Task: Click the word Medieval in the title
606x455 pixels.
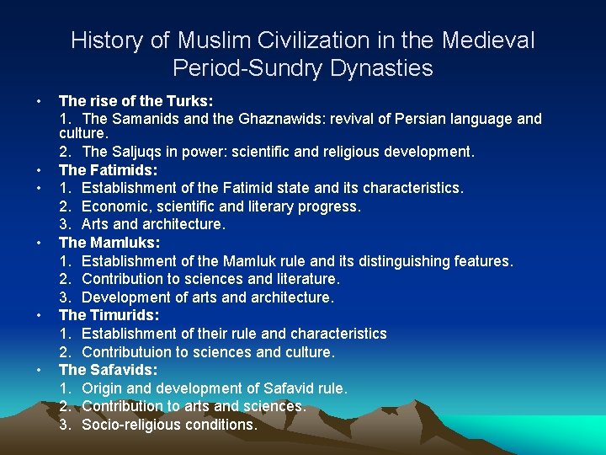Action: coord(487,40)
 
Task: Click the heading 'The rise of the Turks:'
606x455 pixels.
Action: coord(136,101)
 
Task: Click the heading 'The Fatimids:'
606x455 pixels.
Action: coord(107,170)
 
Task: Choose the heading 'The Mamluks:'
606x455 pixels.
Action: coord(107,243)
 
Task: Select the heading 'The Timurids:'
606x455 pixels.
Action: coord(109,315)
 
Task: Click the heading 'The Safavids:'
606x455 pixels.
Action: coord(109,370)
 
